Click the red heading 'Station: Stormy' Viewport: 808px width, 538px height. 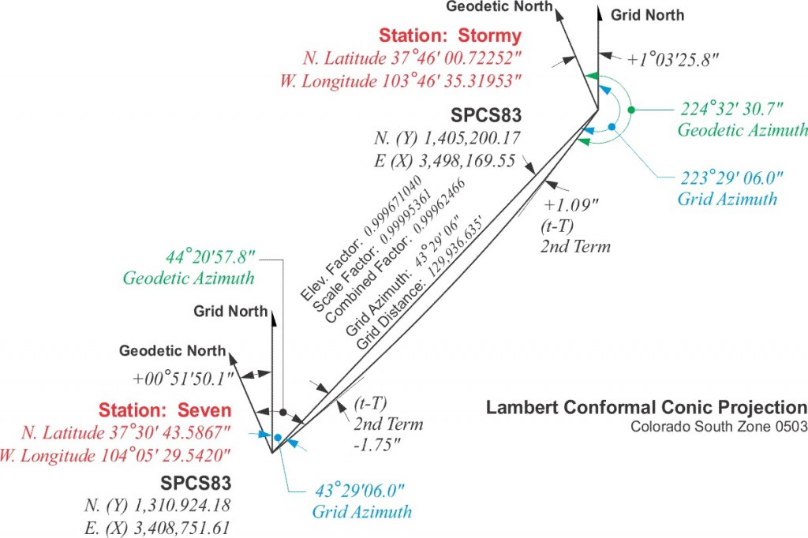pos(450,35)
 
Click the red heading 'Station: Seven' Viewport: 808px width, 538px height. pos(165,410)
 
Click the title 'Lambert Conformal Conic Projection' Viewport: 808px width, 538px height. pos(646,408)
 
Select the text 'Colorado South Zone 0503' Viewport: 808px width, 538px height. pos(718,427)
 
